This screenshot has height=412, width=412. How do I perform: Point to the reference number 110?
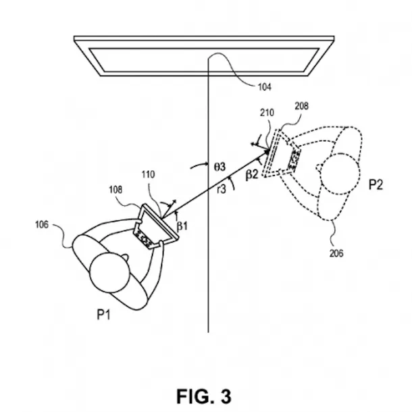148,175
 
